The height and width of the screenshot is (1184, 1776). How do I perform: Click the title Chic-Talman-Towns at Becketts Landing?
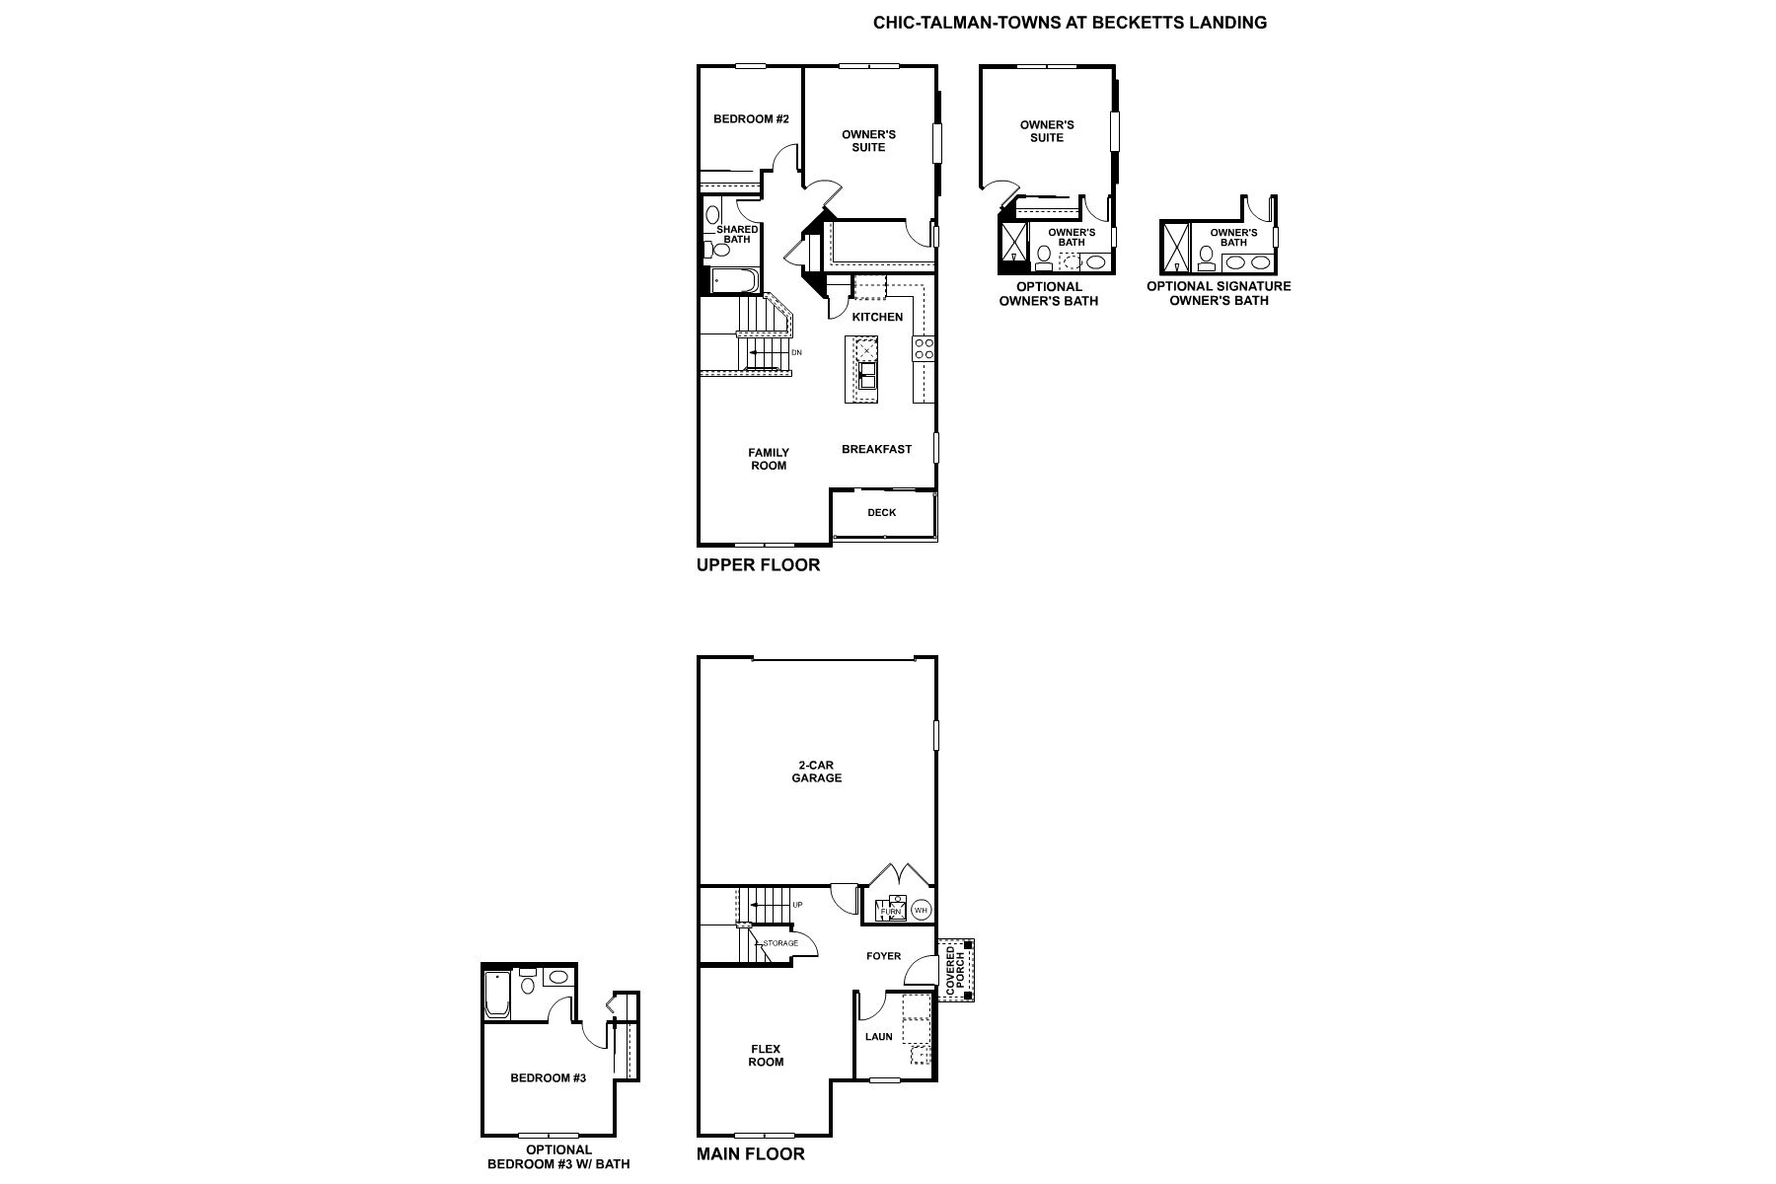click(1070, 22)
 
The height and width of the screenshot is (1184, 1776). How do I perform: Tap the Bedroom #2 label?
click(751, 119)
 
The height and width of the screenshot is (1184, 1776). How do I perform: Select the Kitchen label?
click(877, 317)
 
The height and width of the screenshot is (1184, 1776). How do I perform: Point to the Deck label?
click(882, 512)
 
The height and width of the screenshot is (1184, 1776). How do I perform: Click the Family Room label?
click(769, 459)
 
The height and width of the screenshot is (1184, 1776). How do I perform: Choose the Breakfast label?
click(876, 449)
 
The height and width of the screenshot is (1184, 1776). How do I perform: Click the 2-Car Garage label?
click(817, 771)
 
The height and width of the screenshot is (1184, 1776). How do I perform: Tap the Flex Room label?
click(766, 1055)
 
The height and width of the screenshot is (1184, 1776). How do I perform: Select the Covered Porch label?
click(955, 970)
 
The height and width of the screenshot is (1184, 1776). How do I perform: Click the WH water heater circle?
click(921, 910)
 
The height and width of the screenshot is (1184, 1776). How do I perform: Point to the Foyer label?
click(884, 956)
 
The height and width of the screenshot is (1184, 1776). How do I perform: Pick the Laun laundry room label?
click(879, 1036)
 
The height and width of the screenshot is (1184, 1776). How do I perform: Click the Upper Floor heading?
click(758, 565)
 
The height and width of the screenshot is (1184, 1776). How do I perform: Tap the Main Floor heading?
click(751, 1153)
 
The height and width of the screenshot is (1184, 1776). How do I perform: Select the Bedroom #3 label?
click(549, 1077)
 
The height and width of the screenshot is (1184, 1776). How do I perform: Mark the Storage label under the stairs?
click(780, 943)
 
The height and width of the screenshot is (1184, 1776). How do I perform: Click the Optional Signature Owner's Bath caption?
click(1219, 293)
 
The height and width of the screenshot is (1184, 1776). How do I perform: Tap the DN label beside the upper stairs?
click(797, 352)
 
